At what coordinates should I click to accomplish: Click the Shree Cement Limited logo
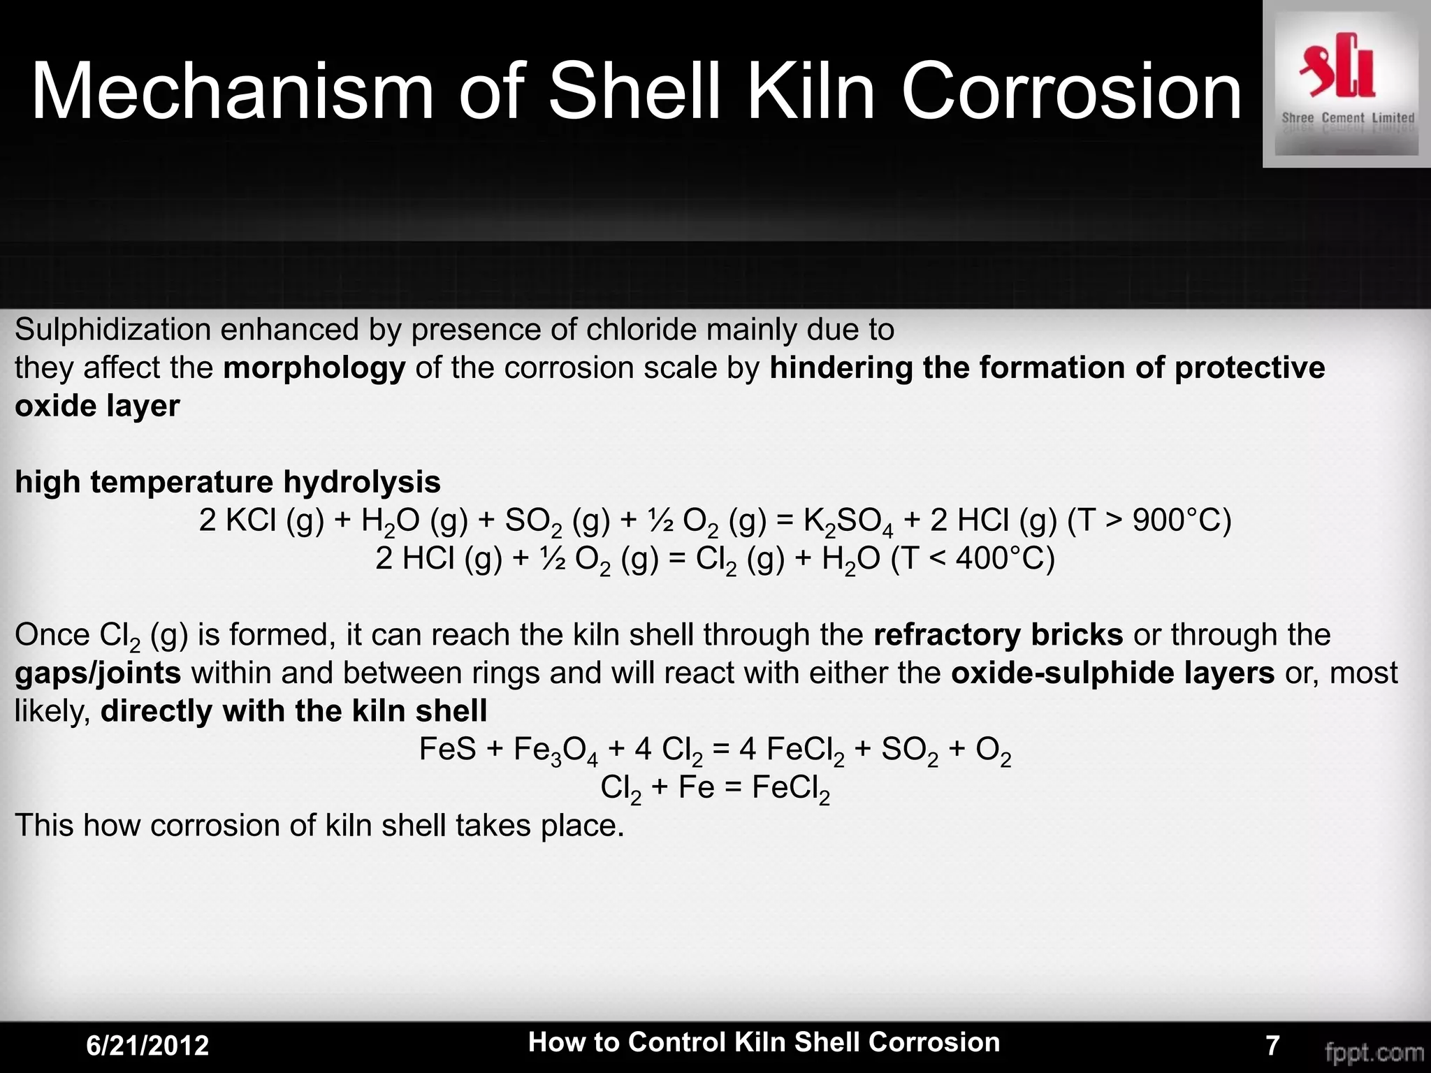click(1346, 84)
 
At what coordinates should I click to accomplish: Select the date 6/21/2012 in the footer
click(147, 1045)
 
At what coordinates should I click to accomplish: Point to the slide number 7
click(1272, 1045)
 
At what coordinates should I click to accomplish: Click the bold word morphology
click(314, 367)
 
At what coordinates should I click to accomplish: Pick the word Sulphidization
click(112, 330)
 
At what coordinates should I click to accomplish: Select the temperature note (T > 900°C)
click(1149, 520)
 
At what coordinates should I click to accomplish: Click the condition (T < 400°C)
click(973, 559)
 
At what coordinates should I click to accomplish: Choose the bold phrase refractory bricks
click(998, 634)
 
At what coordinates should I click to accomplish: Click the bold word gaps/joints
click(98, 673)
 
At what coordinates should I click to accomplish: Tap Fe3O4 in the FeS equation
click(555, 750)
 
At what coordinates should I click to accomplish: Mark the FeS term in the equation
click(447, 749)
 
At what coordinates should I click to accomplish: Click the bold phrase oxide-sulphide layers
click(1112, 673)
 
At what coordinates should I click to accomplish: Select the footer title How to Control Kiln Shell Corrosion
click(764, 1042)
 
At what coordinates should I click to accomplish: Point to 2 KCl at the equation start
click(238, 520)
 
